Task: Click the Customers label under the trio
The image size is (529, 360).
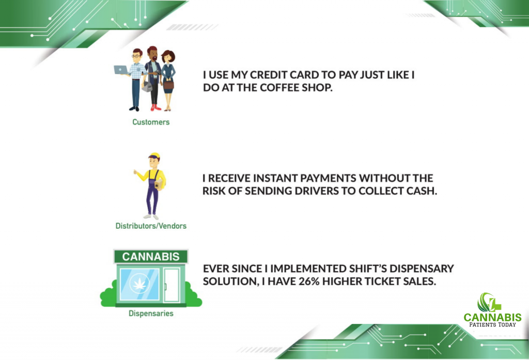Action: coord(151,122)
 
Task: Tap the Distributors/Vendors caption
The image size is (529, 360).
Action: coord(151,226)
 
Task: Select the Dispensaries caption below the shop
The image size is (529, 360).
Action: coord(151,314)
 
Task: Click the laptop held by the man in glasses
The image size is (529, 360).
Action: coord(121,70)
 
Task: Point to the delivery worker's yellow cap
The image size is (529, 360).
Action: coord(154,156)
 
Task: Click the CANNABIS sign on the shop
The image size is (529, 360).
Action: coord(151,257)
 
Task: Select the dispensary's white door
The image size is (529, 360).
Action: coord(172,285)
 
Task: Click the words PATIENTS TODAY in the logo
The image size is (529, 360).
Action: coord(492,324)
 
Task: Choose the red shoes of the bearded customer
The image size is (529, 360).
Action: coord(155,107)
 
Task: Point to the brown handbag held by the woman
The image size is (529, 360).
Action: coord(168,85)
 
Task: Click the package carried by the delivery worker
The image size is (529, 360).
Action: coord(159,184)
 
